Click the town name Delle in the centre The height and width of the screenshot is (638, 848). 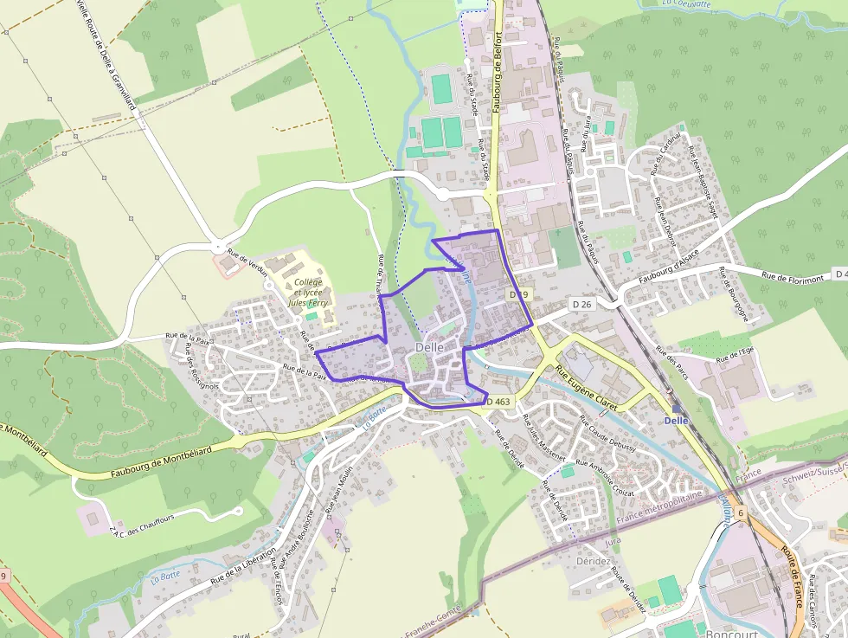pos(429,347)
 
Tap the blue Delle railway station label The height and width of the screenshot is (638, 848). pos(676,421)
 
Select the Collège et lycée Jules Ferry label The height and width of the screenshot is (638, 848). pos(308,293)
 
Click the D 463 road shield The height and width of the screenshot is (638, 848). pos(498,402)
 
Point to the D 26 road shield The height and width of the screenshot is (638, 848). pos(581,304)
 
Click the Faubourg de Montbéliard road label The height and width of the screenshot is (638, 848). pos(162,462)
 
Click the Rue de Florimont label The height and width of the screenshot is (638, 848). pos(791,275)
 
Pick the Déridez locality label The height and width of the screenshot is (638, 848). pos(594,561)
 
